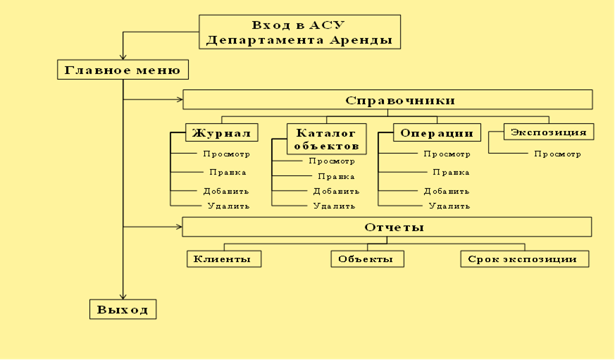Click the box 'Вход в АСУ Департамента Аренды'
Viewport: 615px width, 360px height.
coord(299,32)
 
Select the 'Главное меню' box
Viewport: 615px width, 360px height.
coord(123,70)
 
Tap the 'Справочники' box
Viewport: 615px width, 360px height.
coord(387,99)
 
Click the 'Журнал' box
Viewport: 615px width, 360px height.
coord(220,132)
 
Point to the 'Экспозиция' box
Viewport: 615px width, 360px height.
coord(548,132)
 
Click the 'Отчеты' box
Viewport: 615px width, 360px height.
coord(387,227)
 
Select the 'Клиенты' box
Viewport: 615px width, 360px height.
coord(223,259)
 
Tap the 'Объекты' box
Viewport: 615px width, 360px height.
coord(367,259)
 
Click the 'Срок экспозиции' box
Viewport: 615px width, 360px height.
coord(524,259)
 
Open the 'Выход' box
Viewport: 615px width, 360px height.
coord(123,310)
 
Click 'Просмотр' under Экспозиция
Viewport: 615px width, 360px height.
coord(557,154)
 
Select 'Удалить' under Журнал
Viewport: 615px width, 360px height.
coord(227,206)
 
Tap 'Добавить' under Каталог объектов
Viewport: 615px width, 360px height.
coord(335,191)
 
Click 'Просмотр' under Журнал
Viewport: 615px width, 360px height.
coord(225,154)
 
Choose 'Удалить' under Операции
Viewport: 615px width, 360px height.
coord(448,206)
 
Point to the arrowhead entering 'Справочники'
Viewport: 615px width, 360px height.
coord(178,99)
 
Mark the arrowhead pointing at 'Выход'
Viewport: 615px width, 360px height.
coord(123,296)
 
